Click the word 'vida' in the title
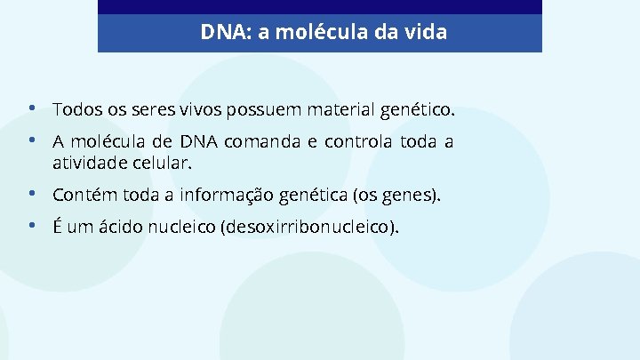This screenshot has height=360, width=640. (426, 33)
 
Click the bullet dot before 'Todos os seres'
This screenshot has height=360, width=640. (32, 109)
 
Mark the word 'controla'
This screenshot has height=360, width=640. (357, 141)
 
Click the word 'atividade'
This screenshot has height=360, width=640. (89, 164)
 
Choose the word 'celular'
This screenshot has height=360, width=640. (160, 164)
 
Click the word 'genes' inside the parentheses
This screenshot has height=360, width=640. (410, 194)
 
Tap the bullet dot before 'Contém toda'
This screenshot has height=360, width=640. (32, 193)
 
